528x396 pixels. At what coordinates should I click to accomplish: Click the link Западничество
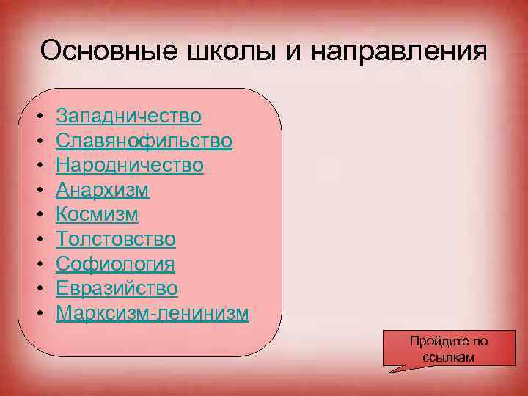tap(128, 116)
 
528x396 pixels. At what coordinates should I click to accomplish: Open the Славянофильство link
tap(144, 141)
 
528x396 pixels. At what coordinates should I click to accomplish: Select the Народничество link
tap(130, 166)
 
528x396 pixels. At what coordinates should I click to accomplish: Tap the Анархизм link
tap(103, 191)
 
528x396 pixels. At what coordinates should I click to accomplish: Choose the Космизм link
tap(97, 215)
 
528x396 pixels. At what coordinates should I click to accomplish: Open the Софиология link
tap(116, 264)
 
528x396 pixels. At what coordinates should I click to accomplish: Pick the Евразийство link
tap(117, 289)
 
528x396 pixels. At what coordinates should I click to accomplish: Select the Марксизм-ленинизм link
tap(153, 314)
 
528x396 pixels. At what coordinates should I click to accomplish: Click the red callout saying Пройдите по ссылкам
tap(448, 348)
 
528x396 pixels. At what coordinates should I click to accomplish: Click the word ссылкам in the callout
tap(449, 357)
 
